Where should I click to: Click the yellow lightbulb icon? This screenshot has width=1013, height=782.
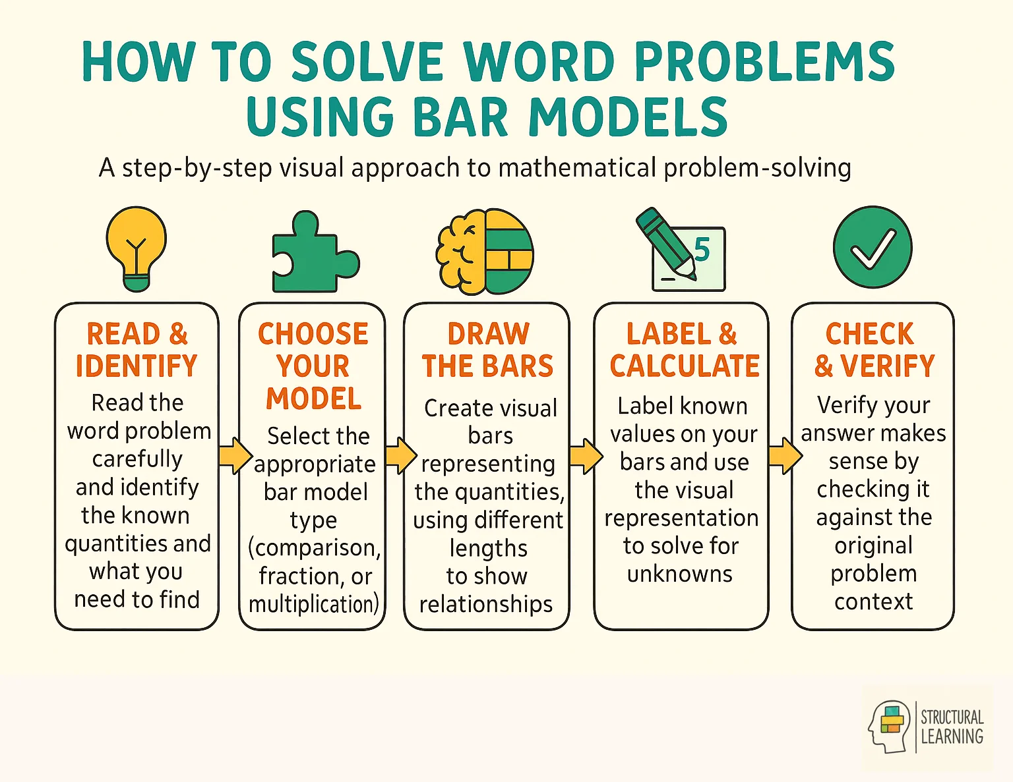pos(136,248)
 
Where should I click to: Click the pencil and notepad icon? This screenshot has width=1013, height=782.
pos(679,251)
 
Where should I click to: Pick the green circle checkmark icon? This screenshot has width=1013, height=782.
pos(873,247)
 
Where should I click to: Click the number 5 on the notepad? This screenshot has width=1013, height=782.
pos(702,250)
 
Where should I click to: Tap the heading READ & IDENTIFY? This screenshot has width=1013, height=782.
pos(137,350)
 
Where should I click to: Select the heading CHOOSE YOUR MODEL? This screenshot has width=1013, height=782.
pos(313,366)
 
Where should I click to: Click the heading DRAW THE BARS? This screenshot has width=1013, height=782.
pos(487,350)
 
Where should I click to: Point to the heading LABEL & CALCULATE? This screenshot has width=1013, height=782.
pos(684,350)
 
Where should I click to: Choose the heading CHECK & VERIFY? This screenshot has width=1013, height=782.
pos(873,350)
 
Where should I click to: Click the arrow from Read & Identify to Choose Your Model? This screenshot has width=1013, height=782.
pos(233,455)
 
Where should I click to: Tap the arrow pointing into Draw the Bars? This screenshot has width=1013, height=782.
pos(399,455)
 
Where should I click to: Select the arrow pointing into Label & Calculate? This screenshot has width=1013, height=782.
pos(585,455)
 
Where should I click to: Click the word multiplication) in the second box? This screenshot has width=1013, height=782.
pos(314,604)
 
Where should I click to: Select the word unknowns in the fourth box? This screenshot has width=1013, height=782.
pos(680,574)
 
